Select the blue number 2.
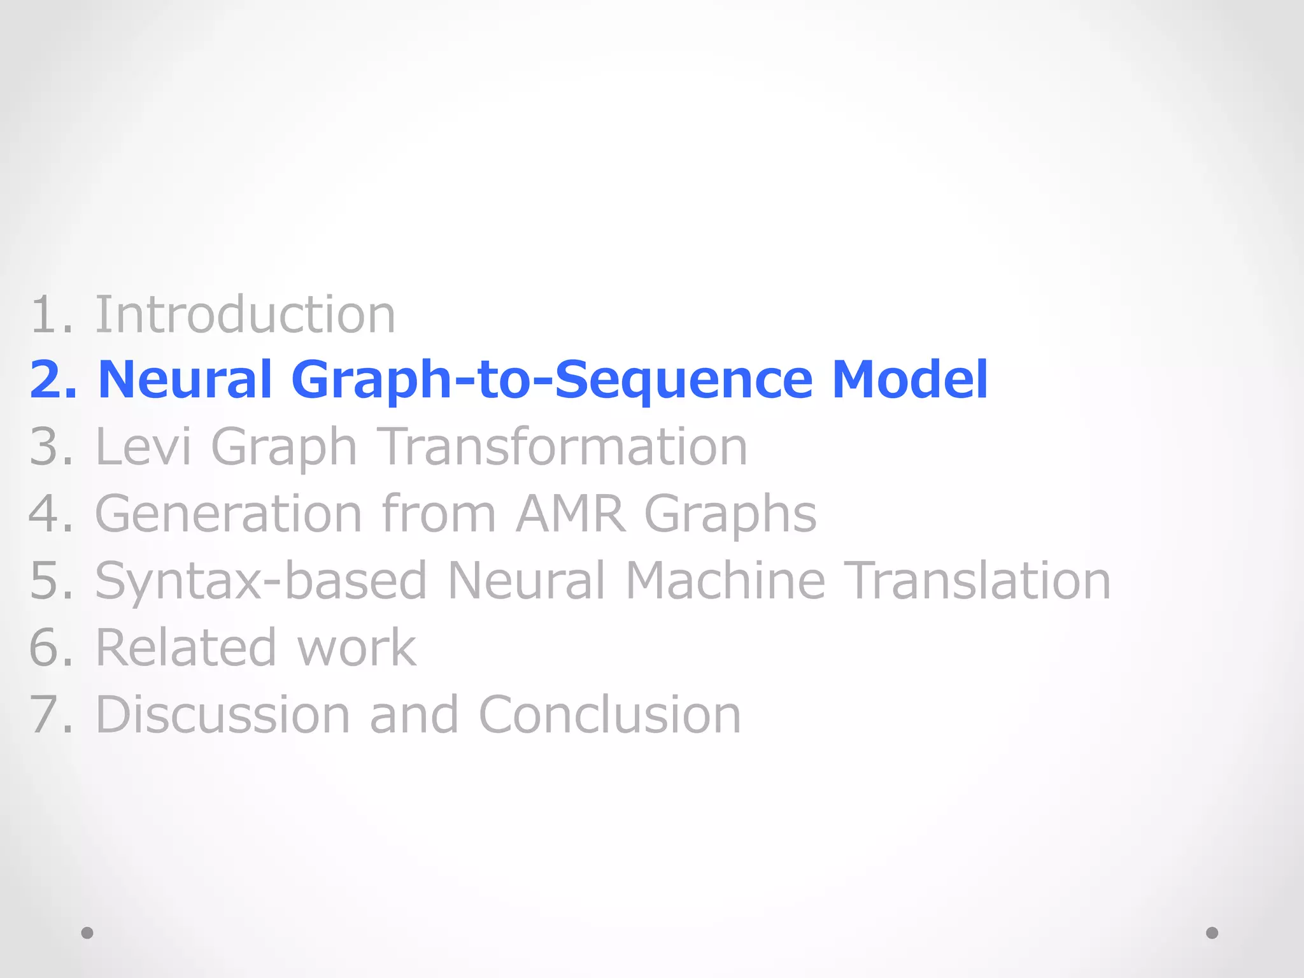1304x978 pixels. (x=47, y=380)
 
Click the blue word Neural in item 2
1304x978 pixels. (x=185, y=380)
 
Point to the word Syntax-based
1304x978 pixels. (x=261, y=581)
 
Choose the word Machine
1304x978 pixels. (x=726, y=581)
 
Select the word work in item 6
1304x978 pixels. (x=357, y=648)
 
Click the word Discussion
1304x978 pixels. (x=223, y=714)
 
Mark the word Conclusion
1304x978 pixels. (x=609, y=714)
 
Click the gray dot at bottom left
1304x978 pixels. (x=87, y=933)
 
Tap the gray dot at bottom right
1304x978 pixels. (x=1212, y=933)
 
